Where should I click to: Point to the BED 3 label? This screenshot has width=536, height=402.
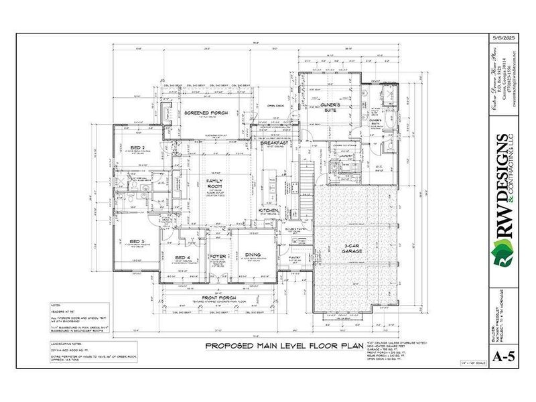click(x=136, y=241)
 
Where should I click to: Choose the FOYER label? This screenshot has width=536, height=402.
click(x=218, y=256)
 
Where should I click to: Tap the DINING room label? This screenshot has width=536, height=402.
click(x=253, y=255)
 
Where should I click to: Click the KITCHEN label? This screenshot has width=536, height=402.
click(x=268, y=211)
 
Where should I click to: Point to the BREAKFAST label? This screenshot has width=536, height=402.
click(x=275, y=143)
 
